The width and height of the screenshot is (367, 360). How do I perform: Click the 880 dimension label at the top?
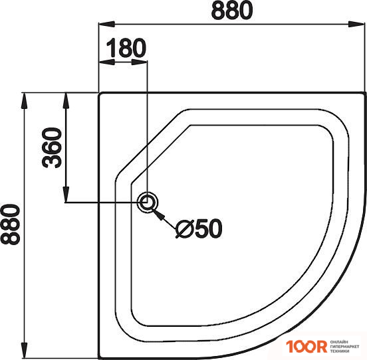coord(231,11)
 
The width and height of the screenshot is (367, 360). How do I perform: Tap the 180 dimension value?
coord(126,48)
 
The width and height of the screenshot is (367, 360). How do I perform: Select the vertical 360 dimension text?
coord(51,147)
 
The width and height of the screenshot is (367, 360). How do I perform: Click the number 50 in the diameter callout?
coord(208,228)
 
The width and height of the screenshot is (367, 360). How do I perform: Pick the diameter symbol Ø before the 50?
coord(186,228)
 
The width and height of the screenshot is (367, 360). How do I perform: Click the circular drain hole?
coord(148,202)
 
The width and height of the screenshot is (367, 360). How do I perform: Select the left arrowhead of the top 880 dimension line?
coord(104,25)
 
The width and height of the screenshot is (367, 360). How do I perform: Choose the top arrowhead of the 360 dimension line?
coord(66,98)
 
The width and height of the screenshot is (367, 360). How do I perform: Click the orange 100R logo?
coord(306,347)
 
